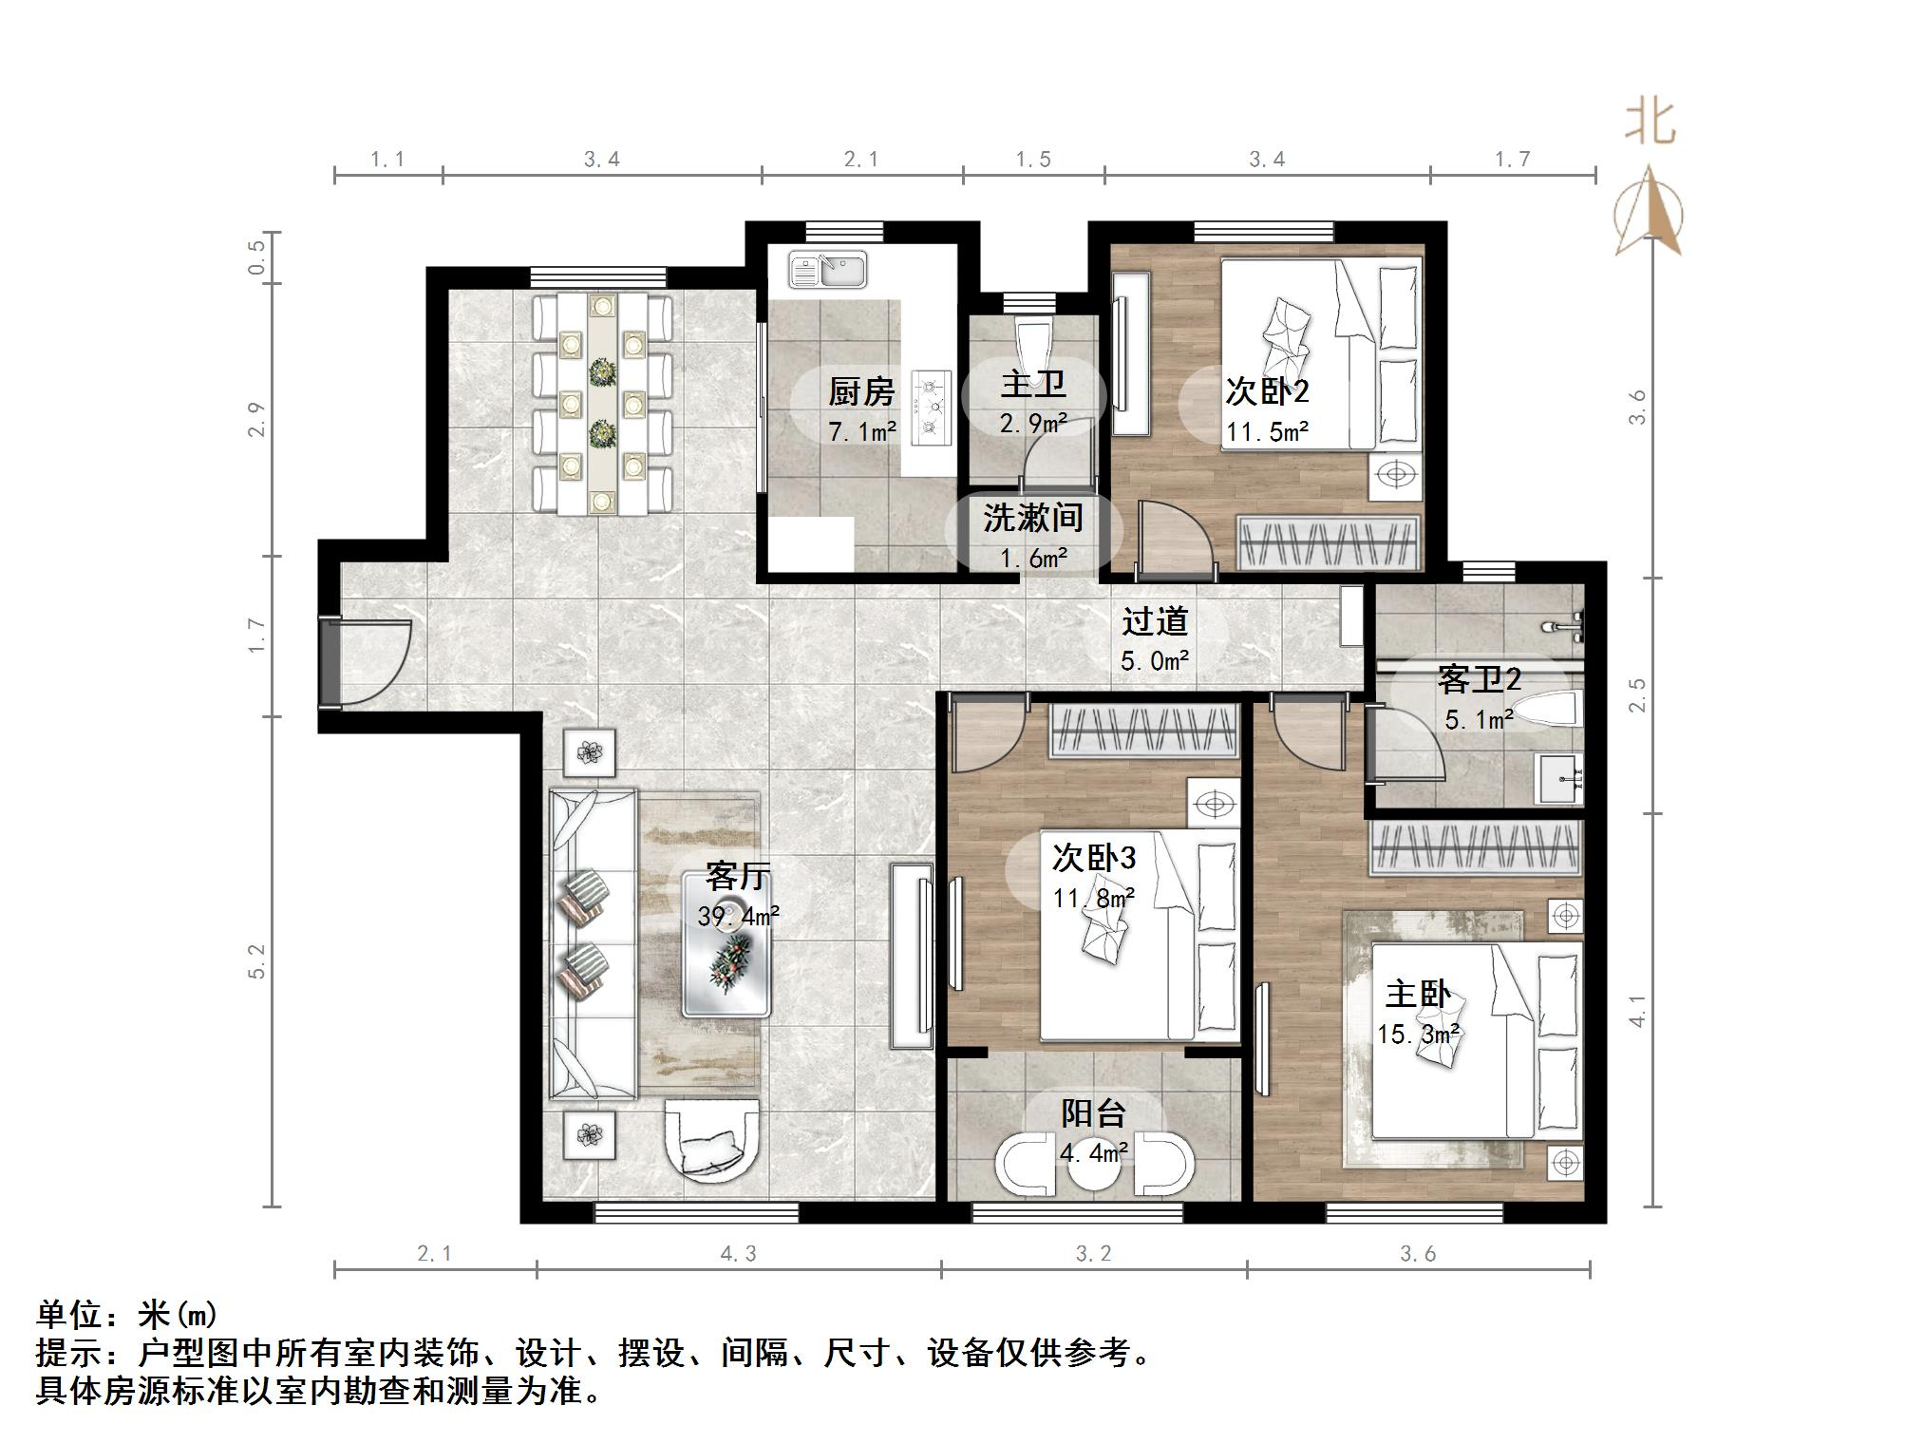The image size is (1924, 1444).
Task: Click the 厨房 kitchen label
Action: coord(861,390)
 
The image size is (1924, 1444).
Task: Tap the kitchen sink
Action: coord(827,269)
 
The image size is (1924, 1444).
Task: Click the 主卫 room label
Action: coord(1033,384)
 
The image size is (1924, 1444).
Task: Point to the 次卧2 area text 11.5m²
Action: coord(1267,432)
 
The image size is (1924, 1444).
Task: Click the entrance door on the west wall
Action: coord(366,662)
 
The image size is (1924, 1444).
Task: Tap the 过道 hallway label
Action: coord(1155,621)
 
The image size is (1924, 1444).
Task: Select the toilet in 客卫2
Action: coord(1544,711)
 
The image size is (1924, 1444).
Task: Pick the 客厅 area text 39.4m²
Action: coord(739,916)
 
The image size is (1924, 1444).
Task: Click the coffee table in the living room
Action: coord(726,945)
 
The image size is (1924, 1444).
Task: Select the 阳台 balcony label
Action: coord(1094,1112)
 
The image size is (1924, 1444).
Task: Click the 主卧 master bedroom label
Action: coord(1418,994)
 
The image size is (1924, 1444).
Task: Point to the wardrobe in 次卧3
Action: coord(1143,731)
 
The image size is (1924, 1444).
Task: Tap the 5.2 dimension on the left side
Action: coord(257,961)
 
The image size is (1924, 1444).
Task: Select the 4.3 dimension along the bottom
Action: coord(738,1254)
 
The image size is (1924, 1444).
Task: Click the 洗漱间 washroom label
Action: coord(1033,518)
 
